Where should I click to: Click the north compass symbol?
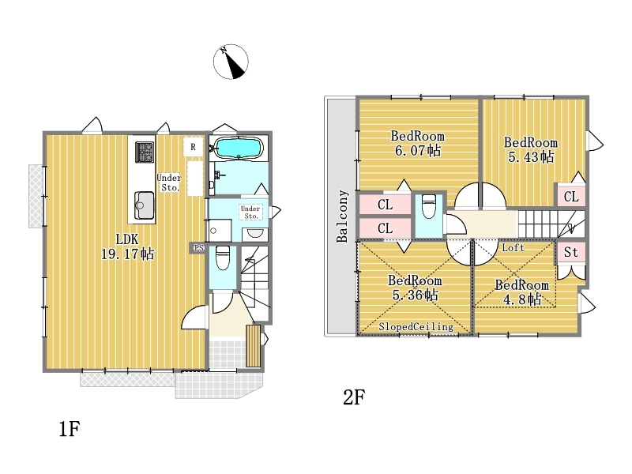[x=231, y=62]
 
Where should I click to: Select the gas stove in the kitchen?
[x=145, y=152]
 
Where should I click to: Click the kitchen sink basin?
[x=145, y=205]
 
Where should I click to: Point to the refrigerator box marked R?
[x=193, y=147]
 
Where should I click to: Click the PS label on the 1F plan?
[x=199, y=248]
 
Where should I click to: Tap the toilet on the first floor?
[x=223, y=258]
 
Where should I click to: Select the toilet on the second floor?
[x=429, y=206]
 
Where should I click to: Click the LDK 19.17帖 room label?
[x=127, y=246]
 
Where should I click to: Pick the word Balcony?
[x=342, y=216]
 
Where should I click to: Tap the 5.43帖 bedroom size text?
[x=531, y=156]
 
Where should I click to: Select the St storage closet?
[x=571, y=252]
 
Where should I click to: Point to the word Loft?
[x=513, y=247]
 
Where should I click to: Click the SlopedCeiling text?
[x=416, y=326]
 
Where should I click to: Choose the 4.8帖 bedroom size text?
[x=522, y=299]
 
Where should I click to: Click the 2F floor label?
[x=354, y=397]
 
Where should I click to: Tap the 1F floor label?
[x=70, y=429]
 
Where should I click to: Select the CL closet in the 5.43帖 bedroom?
[x=571, y=197]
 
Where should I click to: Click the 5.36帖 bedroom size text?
[x=416, y=295]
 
